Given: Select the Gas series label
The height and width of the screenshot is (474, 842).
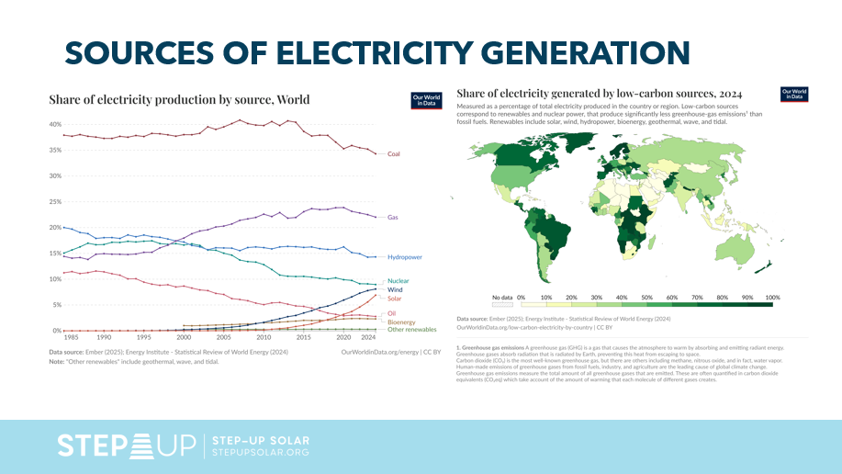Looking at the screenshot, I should pos(392,217).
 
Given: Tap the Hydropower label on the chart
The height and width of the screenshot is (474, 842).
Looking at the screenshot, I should pos(404,257).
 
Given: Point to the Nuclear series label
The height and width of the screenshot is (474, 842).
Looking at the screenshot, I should pos(398,281).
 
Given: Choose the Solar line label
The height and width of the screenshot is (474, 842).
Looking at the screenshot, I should pos(394,299).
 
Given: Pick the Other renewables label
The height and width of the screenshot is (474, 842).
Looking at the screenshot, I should pos(411,329).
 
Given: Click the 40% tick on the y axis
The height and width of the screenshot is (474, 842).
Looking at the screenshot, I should pos(55,125).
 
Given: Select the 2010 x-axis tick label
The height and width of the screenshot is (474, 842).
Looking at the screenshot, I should pos(264,338).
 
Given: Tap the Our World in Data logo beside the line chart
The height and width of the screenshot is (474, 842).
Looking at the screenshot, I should pos(423,100).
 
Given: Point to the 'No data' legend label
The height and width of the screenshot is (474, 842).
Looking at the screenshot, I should pos(501,299).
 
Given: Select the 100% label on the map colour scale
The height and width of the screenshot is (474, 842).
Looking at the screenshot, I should pos(771,299).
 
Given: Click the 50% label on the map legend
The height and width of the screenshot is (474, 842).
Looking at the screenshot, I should pos(646,299).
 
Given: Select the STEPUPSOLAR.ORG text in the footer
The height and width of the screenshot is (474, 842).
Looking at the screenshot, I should pos(260,452).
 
